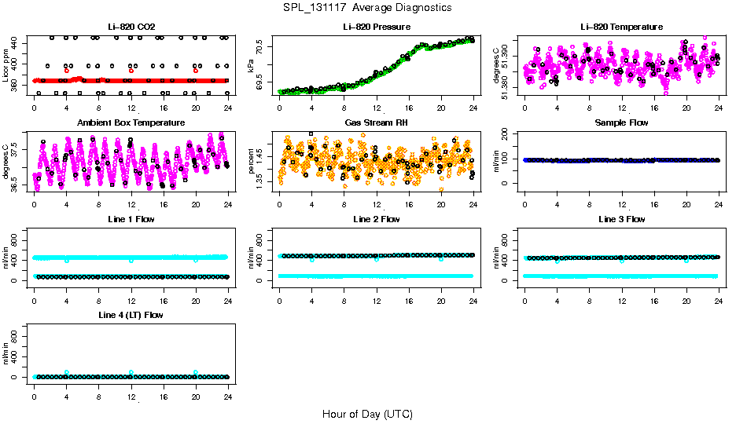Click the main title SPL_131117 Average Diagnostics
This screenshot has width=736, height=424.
click(368, 7)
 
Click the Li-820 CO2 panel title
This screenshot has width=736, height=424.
click(131, 27)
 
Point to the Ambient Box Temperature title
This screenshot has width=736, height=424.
click(131, 123)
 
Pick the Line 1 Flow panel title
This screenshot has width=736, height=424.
click(131, 219)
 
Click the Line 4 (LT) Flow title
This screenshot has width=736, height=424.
click(131, 315)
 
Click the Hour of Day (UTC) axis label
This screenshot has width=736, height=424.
click(367, 414)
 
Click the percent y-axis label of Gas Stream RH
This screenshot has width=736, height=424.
click(251, 161)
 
